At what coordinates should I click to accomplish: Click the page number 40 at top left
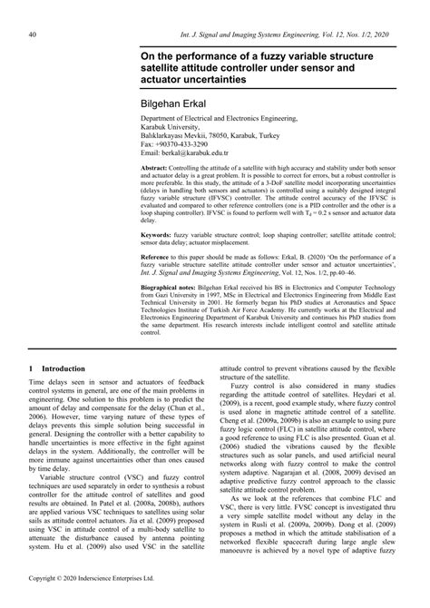pos(33,34)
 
